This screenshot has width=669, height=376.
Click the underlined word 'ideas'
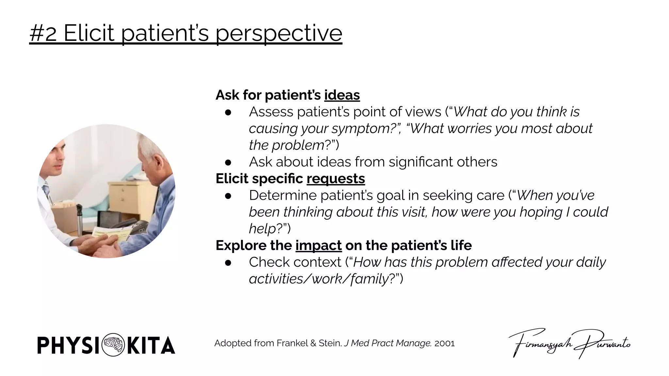pyautogui.click(x=342, y=95)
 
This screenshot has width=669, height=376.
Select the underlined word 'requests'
pyautogui.click(x=335, y=179)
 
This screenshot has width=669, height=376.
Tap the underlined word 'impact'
pyautogui.click(x=318, y=245)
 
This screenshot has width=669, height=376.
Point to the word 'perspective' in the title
pyautogui.click(x=279, y=33)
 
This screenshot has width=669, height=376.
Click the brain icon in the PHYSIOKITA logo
pyautogui.click(x=113, y=345)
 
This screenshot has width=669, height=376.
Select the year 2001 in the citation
pyautogui.click(x=444, y=343)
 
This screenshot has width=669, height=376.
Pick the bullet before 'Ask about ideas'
pyautogui.click(x=228, y=162)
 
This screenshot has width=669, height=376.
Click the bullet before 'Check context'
pyautogui.click(x=228, y=262)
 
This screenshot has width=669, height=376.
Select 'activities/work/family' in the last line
pyautogui.click(x=319, y=279)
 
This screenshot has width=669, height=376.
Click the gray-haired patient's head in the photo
pyautogui.click(x=154, y=153)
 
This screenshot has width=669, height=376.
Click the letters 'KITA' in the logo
pyautogui.click(x=151, y=345)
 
